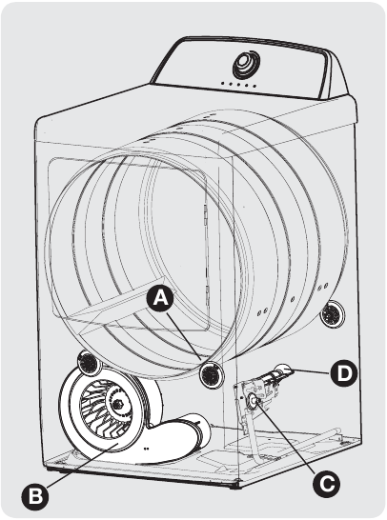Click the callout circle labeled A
[161, 299]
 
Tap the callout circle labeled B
[34, 495]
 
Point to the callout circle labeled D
[343, 372]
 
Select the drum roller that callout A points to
[209, 373]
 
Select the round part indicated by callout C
[255, 404]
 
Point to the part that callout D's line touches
[284, 373]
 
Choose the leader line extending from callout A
[186, 337]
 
